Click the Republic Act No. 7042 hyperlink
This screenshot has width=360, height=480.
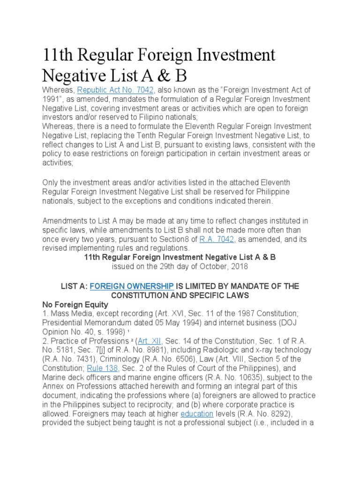105,90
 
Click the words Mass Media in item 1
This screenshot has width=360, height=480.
68,314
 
